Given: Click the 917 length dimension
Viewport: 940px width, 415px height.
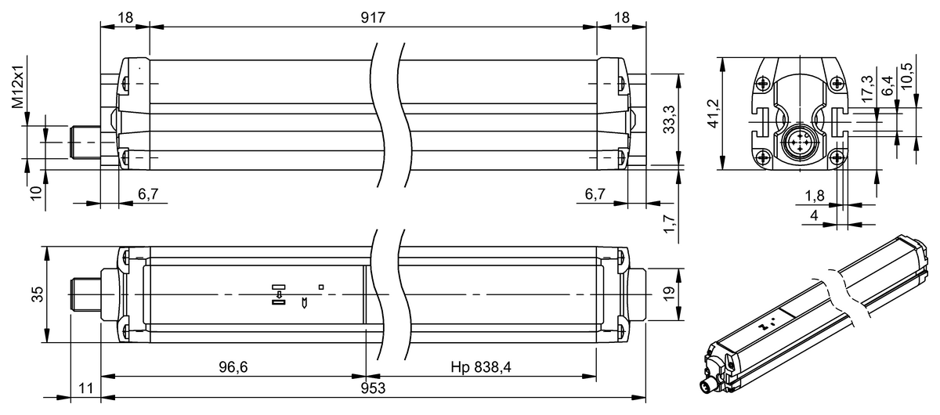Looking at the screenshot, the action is (x=373, y=18).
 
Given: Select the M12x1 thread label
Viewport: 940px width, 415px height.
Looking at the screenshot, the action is (x=18, y=86).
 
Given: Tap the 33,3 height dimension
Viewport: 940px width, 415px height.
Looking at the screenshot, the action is (x=669, y=120).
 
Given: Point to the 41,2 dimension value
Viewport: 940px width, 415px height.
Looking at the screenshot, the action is (x=714, y=114).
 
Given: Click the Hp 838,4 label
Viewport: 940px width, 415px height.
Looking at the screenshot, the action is (x=481, y=367).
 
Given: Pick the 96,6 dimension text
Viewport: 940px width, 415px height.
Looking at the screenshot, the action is (x=233, y=367).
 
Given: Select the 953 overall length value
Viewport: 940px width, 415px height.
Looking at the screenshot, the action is (x=373, y=388).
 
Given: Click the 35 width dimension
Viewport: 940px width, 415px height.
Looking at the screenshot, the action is (x=38, y=294).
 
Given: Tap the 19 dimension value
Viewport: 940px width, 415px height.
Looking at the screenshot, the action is (x=669, y=293).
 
